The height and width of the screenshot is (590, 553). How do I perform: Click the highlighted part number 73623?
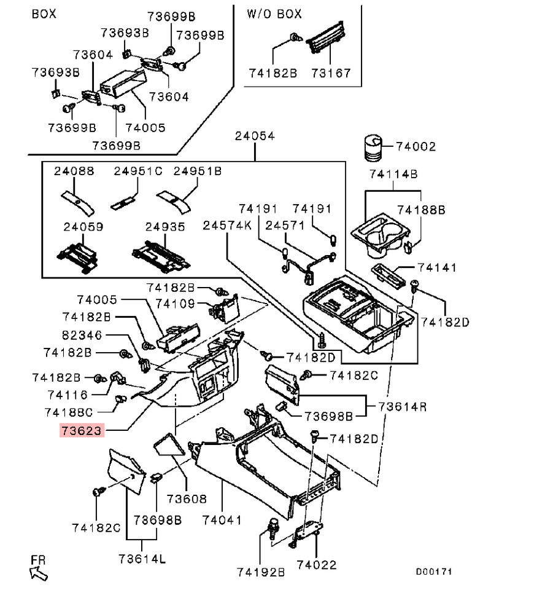tap(81, 430)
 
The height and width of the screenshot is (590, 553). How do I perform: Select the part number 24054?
tap(255, 136)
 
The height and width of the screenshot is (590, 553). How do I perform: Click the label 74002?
tap(416, 147)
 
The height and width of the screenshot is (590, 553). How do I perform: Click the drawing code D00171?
tap(434, 571)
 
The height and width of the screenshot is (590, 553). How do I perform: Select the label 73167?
tap(331, 73)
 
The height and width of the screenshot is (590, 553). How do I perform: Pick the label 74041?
tap(222, 520)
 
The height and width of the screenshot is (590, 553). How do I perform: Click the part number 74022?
tap(317, 564)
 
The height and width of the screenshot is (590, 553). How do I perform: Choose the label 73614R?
tap(403, 406)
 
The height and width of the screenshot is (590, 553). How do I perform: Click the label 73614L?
tap(143, 558)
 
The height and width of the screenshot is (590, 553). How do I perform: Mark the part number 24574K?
tap(227, 226)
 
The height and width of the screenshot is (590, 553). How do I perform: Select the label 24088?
tap(74, 171)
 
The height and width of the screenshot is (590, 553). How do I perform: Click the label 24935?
tap(164, 227)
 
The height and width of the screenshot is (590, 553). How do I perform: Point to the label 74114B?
tap(393, 175)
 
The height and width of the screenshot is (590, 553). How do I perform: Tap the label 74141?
tap(438, 268)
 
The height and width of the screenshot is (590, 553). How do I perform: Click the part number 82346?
tap(82, 336)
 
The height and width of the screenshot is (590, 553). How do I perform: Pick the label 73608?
tap(187, 498)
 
